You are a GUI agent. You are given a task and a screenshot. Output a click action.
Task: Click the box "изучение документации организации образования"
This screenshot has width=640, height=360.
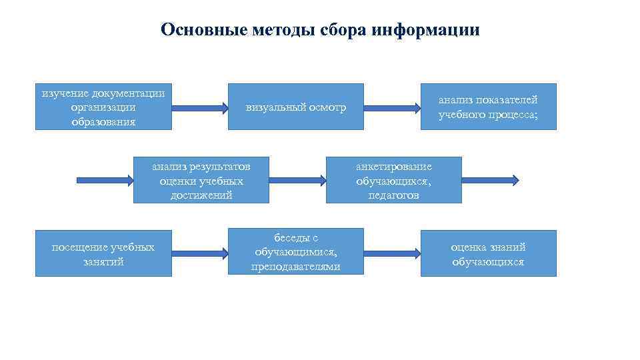click(x=103, y=107)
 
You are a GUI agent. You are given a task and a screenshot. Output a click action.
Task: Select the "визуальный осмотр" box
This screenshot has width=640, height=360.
click(x=296, y=107)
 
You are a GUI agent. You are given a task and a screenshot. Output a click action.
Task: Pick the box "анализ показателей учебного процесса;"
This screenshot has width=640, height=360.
click(x=488, y=107)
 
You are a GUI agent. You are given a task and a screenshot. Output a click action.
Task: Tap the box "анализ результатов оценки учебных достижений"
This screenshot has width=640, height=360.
click(x=201, y=180)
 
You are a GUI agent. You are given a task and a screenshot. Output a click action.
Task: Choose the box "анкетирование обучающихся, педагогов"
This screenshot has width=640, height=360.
click(x=393, y=180)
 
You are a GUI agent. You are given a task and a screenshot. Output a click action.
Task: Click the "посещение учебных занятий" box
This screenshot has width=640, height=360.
click(x=103, y=253)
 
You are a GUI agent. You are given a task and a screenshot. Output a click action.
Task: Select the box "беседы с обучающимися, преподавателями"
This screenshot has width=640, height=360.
click(x=296, y=252)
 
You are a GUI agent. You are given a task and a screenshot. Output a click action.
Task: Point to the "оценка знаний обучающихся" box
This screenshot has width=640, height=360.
click(x=488, y=253)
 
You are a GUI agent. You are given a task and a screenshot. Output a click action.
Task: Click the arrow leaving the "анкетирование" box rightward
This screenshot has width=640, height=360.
click(x=490, y=179)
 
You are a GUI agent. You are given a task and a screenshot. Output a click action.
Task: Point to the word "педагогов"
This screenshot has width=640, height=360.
click(x=393, y=195)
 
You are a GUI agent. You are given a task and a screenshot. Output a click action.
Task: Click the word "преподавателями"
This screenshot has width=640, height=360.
click(x=296, y=267)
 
